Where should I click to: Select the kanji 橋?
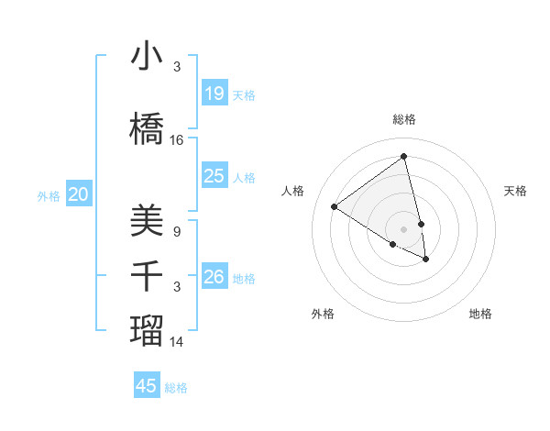click(147, 129)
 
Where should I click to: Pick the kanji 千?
click(147, 276)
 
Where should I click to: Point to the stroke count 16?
click(177, 140)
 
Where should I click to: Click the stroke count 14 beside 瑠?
click(177, 342)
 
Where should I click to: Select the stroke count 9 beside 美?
click(177, 232)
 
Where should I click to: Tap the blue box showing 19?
click(214, 94)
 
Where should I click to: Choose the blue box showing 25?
click(214, 176)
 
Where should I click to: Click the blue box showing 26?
click(214, 277)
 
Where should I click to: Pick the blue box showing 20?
click(79, 193)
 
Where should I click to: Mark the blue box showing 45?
click(147, 386)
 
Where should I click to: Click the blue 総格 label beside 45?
click(176, 388)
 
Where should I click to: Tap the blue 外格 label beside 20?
click(49, 195)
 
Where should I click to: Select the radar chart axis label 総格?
click(404, 119)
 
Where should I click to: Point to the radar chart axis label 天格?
click(515, 191)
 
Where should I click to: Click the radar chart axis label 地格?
click(480, 314)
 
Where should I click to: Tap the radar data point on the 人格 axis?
click(335, 207)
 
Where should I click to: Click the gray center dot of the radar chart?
click(403, 228)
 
